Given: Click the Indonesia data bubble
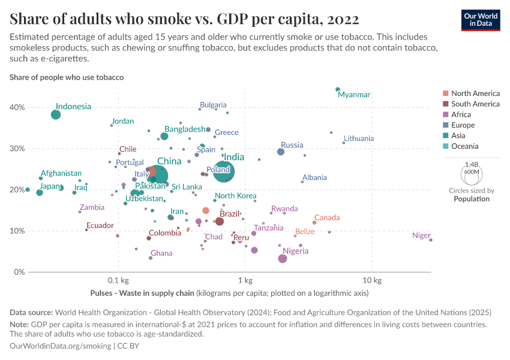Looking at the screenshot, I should click(x=56, y=115).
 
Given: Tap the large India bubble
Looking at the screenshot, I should click(x=224, y=172).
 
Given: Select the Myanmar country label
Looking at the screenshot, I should click(x=354, y=95).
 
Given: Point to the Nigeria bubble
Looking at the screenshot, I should click(x=283, y=259).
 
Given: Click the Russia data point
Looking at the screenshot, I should click(x=281, y=152).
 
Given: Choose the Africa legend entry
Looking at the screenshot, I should click(x=461, y=115).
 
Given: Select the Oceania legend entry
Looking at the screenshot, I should click(x=464, y=146).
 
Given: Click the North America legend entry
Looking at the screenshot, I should click(x=475, y=94).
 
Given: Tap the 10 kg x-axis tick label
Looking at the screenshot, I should click(x=372, y=281).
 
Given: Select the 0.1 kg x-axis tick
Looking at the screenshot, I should click(x=118, y=281).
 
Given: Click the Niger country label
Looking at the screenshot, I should click(x=421, y=236).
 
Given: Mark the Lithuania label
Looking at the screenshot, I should click(x=359, y=139).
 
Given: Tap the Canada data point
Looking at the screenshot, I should click(x=314, y=223).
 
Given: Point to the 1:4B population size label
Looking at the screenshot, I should click(x=471, y=164).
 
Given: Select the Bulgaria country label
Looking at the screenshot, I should click(x=213, y=105).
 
